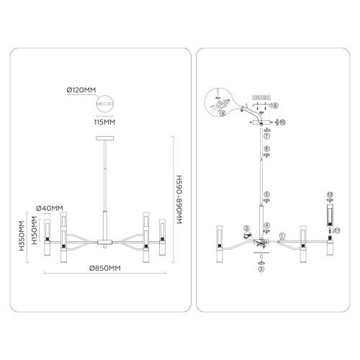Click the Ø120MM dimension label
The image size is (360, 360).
[x=81, y=90]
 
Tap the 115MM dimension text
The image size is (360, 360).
[x=104, y=122]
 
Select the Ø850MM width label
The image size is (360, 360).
[x=105, y=268]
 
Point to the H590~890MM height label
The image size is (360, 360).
[x=179, y=199]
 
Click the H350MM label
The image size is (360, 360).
[x=22, y=235]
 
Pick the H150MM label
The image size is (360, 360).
[x=35, y=230]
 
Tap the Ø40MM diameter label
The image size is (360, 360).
[x=50, y=208]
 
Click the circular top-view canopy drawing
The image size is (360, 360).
[x=105, y=104]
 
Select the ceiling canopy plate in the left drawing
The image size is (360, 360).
[x=105, y=138]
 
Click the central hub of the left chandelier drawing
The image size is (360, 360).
[x=105, y=242]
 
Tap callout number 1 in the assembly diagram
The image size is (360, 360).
[x=282, y=235]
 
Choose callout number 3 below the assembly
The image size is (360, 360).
[x=261, y=269]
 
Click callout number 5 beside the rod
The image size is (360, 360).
[x=266, y=194]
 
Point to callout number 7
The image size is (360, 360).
[x=266, y=136]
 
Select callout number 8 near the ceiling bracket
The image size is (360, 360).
[x=276, y=106]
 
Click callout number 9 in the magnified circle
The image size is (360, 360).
[x=222, y=113]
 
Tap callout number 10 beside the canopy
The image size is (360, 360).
[x=282, y=122]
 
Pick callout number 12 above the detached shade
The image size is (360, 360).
[x=330, y=194]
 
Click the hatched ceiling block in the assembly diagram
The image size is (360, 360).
[x=261, y=97]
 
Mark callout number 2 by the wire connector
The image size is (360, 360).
[x=246, y=228]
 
